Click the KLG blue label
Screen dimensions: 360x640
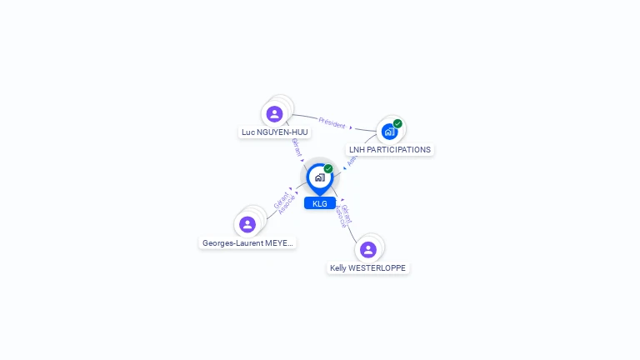320,203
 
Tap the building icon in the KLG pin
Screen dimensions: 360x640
319,177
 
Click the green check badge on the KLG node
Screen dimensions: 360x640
328,169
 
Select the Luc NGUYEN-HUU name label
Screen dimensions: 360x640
274,132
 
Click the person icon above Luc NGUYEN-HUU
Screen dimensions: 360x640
274,113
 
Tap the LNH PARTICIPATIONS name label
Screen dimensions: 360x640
389,150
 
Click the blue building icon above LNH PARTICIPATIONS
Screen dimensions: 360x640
389,132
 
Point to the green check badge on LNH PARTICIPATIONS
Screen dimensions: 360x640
397,124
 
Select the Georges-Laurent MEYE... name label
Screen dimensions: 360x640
247,243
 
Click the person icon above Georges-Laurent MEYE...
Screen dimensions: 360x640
247,224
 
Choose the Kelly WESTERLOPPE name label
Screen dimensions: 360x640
368,268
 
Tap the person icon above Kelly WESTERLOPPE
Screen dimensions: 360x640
368,249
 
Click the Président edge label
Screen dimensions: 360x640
332,123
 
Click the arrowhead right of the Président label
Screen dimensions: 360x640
351,127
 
